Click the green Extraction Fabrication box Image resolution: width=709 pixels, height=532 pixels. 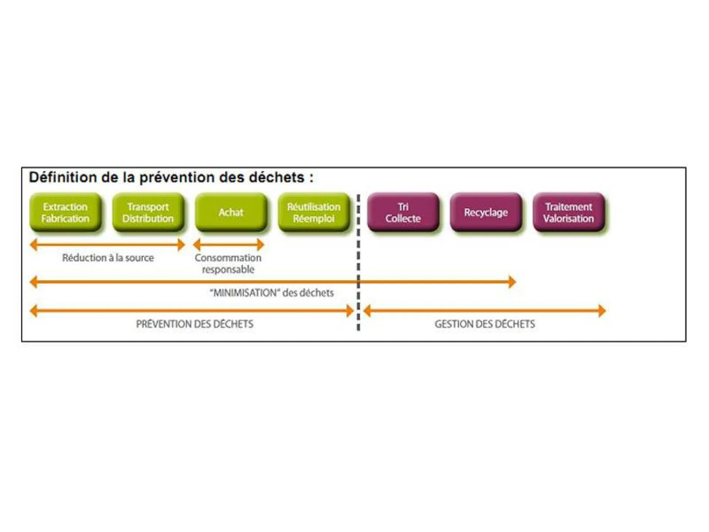click(x=65, y=212)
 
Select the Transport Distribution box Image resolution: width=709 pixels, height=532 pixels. click(x=148, y=212)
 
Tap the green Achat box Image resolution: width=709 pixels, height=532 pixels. click(x=231, y=212)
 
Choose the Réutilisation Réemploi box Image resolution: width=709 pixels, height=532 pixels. click(x=314, y=212)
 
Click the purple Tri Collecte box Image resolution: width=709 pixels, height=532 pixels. click(x=403, y=212)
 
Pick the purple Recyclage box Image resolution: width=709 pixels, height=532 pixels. click(x=486, y=212)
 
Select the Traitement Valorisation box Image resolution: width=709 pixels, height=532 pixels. click(x=569, y=212)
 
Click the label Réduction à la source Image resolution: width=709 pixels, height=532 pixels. click(x=108, y=258)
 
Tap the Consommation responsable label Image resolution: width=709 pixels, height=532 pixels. click(x=228, y=263)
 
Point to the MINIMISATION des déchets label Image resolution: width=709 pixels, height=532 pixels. click(x=272, y=293)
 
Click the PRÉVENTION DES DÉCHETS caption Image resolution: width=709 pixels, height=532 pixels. click(x=195, y=324)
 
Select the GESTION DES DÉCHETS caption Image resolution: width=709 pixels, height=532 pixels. click(x=485, y=324)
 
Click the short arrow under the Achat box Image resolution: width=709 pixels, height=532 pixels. click(x=229, y=245)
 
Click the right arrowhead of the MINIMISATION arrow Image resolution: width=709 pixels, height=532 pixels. click(x=512, y=282)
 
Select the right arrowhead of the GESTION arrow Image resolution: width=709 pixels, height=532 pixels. click(x=602, y=311)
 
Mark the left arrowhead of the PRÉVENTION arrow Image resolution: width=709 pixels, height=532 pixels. click(x=34, y=311)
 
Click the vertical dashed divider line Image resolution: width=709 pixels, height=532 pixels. click(x=358, y=259)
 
